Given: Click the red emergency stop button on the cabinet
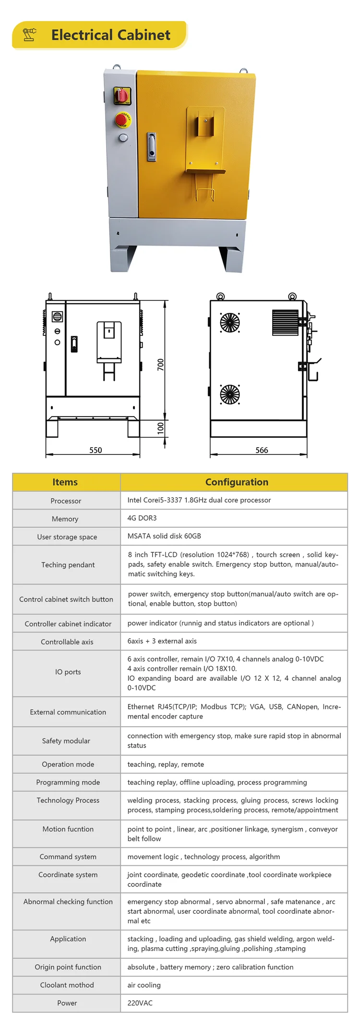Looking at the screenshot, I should [x=123, y=120].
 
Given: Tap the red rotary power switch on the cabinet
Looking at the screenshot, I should [x=121, y=95].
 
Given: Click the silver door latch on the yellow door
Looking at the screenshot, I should [x=152, y=146].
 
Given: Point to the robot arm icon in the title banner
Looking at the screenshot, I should [x=30, y=35].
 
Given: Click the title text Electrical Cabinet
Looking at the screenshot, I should [x=110, y=35].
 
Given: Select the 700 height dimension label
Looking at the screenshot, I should [x=161, y=364].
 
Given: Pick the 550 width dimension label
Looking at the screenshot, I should [x=96, y=450].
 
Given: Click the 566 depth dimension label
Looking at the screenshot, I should [x=262, y=450].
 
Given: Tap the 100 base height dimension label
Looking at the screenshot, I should [x=161, y=428].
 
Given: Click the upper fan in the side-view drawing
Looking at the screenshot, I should [x=230, y=322].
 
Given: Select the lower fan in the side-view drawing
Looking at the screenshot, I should [x=230, y=394].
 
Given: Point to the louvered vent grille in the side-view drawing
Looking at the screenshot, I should [x=285, y=322].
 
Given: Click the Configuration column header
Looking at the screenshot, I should [x=237, y=482].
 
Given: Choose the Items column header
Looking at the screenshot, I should [x=65, y=482].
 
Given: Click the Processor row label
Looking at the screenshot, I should [x=66, y=501].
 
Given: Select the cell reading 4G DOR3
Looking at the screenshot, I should [x=142, y=518].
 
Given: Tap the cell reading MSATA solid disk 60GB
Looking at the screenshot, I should [x=164, y=536].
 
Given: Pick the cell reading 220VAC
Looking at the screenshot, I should [x=140, y=1003].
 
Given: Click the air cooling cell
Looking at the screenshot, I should [x=144, y=985].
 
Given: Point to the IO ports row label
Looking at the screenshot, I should [x=68, y=672].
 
